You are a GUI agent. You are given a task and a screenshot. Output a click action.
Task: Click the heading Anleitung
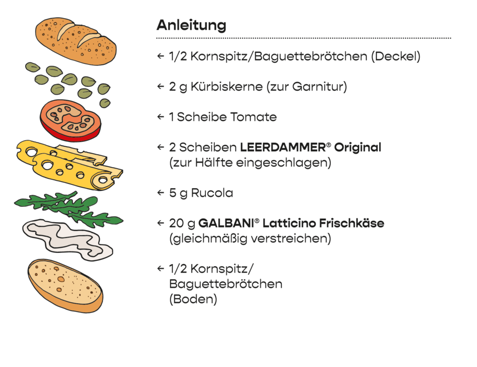point(191,25)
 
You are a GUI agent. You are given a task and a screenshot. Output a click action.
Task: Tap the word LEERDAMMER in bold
point(283,148)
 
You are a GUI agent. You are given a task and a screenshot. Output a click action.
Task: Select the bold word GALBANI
point(226,223)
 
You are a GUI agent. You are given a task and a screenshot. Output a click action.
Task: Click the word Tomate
point(253,117)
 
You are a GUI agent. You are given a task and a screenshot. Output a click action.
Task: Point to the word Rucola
point(212,193)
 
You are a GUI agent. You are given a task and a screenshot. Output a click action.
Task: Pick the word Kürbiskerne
point(227,87)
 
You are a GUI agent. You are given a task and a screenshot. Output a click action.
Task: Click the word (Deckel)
point(396,56)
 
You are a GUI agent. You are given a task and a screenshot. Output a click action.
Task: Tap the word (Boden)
point(193,299)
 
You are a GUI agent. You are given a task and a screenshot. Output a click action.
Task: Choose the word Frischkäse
point(351,223)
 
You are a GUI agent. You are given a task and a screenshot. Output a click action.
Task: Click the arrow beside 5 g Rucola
point(161,193)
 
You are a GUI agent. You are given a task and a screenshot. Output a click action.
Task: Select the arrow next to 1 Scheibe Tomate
point(161,117)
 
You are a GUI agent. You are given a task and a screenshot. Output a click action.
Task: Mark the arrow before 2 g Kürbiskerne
point(161,86)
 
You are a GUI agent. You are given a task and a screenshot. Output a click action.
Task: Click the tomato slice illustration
point(70,121)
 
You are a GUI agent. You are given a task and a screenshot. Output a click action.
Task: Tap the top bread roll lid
point(76,41)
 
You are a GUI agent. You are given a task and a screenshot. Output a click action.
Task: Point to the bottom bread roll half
point(65,285)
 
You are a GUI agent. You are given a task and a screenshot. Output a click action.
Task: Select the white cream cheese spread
point(68,239)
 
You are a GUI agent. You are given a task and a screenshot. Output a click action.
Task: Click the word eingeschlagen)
point(284,163)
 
